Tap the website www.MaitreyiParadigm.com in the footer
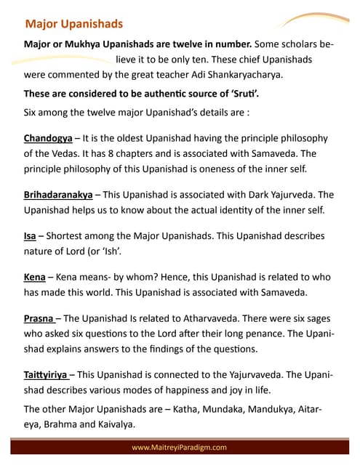point(180,447)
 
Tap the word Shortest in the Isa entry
point(69,236)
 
